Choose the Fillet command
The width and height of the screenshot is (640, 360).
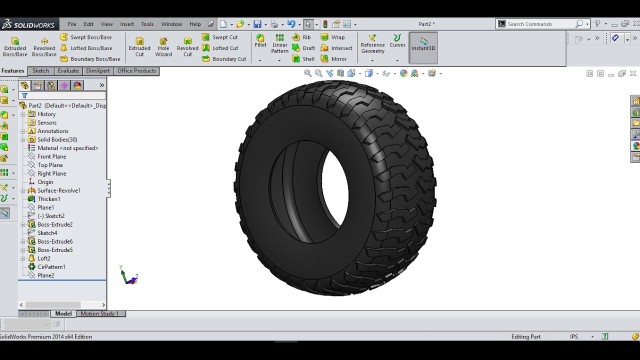point(260,40)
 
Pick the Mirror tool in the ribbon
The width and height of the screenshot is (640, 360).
point(334,59)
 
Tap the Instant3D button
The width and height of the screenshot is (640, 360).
point(423,44)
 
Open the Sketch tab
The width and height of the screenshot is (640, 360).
point(40,71)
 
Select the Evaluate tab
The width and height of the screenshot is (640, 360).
point(68,71)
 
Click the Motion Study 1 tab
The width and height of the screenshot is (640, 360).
point(100,313)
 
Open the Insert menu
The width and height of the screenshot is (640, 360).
point(127,24)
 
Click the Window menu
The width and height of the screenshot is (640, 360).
point(171,24)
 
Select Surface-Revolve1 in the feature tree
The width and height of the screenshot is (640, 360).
point(58,190)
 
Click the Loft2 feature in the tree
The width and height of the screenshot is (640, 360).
point(44,258)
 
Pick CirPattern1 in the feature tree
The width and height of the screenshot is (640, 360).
point(51,267)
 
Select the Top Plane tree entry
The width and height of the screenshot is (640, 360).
point(50,165)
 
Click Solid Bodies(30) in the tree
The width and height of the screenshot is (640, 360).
point(57,139)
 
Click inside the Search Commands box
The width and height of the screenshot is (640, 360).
point(540,24)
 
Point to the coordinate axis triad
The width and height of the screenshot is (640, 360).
point(129,276)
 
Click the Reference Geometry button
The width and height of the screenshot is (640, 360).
point(372,44)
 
